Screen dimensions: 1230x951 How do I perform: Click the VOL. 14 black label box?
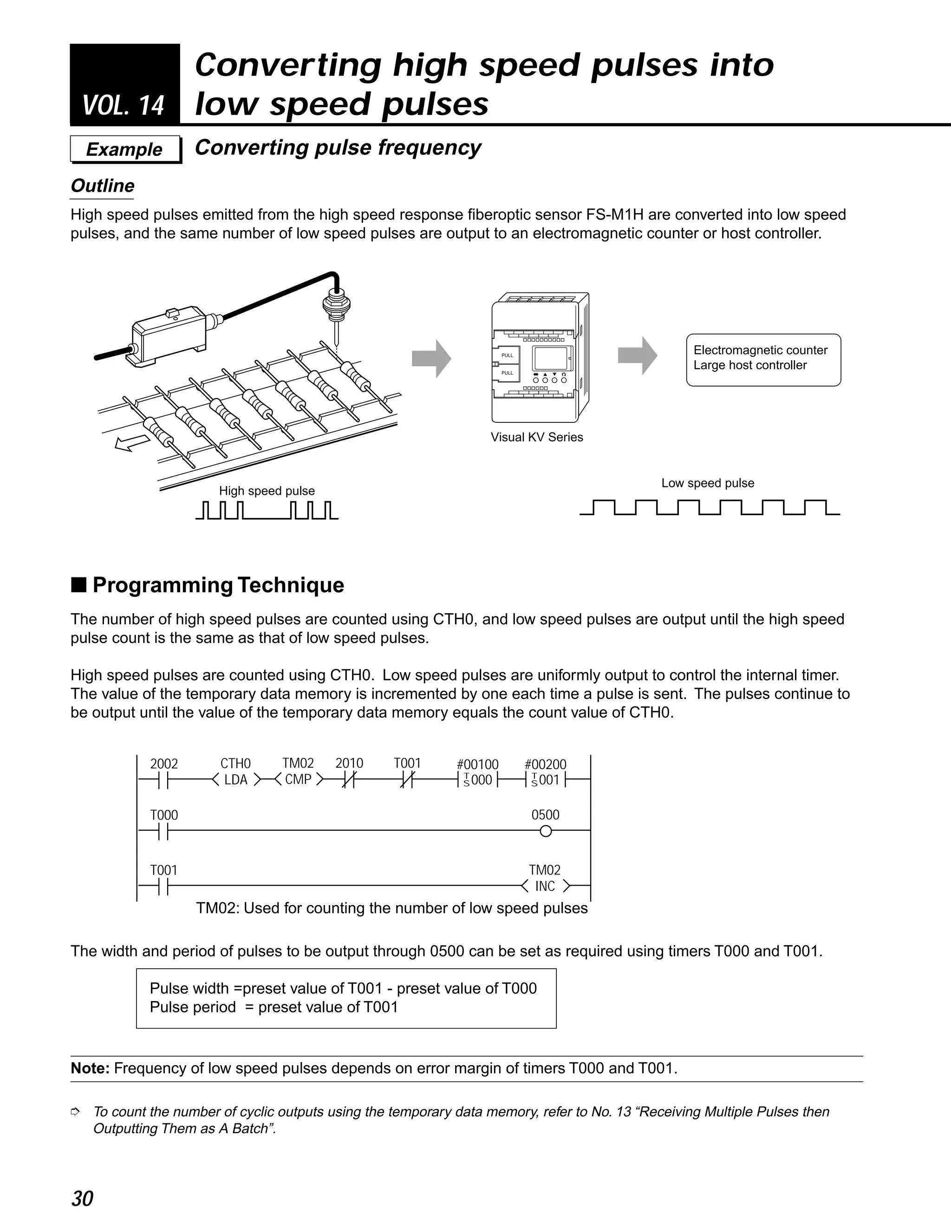click(x=124, y=84)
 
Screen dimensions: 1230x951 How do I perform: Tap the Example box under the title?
click(x=124, y=149)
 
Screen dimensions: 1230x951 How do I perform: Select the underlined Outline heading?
click(x=103, y=186)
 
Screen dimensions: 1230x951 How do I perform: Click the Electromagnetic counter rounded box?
click(x=763, y=359)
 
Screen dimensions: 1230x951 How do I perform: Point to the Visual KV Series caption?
click(x=536, y=437)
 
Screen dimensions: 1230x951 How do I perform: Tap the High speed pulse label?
click(x=267, y=491)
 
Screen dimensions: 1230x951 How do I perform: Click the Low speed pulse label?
click(x=707, y=483)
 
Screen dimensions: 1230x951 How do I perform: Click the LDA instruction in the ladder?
click(x=235, y=780)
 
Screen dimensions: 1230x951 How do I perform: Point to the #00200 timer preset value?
click(x=545, y=764)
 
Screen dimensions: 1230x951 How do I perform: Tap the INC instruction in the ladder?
click(x=545, y=887)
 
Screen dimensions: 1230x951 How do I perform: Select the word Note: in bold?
click(x=90, y=1068)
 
